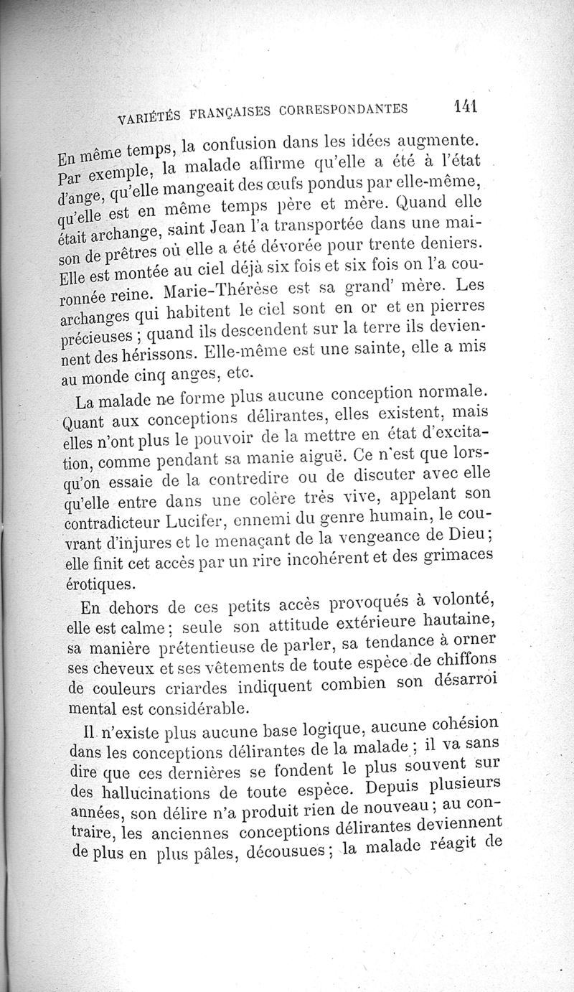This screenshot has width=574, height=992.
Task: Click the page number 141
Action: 466,107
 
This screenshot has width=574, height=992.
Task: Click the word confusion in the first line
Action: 242,146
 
